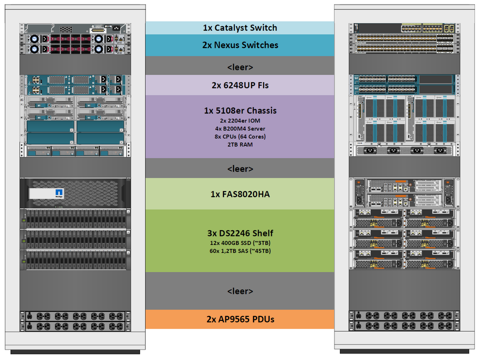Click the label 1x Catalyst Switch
click(239, 28)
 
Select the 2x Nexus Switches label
click(240, 45)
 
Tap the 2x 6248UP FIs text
click(240, 85)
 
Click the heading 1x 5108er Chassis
click(240, 110)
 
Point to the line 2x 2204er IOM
click(240, 120)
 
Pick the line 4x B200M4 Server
click(240, 128)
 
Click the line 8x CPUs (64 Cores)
click(240, 136)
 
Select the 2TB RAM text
click(240, 144)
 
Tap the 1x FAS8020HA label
click(240, 193)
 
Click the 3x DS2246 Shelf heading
click(240, 233)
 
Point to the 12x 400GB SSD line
click(240, 242)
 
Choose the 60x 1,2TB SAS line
click(240, 250)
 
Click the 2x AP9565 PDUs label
click(240, 319)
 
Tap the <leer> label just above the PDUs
click(240, 291)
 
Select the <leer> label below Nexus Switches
click(240, 66)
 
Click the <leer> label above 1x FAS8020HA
click(240, 169)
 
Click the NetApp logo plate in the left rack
click(48, 193)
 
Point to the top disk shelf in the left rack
click(75, 218)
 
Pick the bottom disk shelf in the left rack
click(75, 260)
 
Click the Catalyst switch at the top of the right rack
click(404, 27)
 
